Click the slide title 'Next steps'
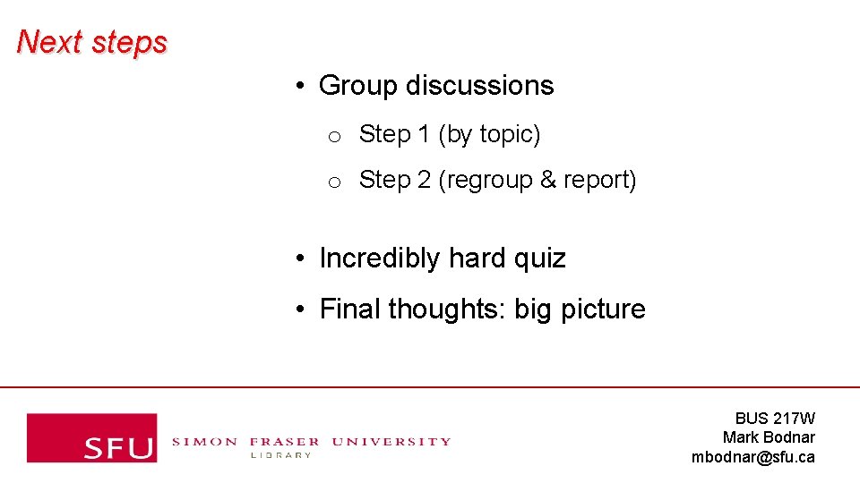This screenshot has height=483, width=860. coord(91,42)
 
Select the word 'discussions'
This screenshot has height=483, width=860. coord(480,86)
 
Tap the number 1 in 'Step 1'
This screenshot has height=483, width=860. coord(424,134)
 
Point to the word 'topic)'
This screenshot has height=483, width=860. coord(510,135)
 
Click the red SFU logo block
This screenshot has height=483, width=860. coord(91,437)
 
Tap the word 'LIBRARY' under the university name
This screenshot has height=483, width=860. coord(280,455)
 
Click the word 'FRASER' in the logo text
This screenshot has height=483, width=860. coord(284,441)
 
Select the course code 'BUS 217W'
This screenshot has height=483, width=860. coord(775,418)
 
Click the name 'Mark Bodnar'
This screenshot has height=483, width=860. coord(769,437)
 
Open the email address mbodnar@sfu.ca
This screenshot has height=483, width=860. coord(753,457)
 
